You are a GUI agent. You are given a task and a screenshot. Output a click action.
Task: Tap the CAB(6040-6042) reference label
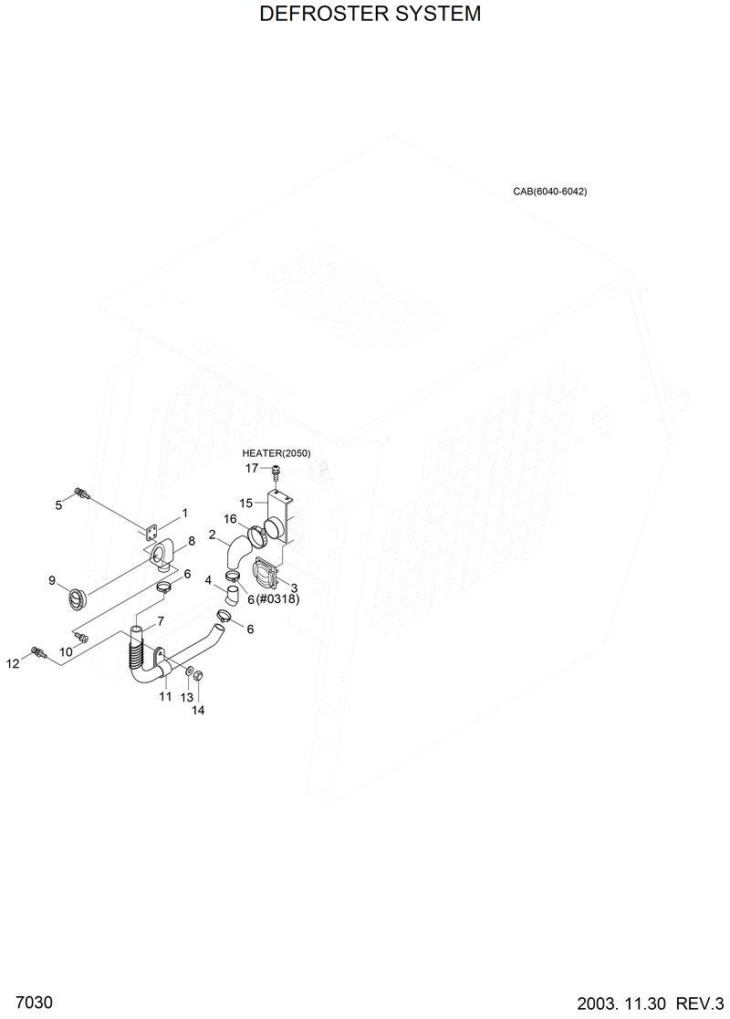[549, 192]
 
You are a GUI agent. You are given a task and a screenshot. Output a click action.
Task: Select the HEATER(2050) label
[276, 453]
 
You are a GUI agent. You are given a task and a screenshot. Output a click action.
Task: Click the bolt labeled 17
[275, 471]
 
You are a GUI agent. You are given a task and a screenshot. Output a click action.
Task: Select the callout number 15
[246, 503]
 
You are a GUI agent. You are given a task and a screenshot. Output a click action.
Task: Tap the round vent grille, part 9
[74, 598]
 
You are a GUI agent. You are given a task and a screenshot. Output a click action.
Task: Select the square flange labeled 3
[266, 576]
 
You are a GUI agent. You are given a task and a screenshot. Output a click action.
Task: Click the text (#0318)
[278, 599]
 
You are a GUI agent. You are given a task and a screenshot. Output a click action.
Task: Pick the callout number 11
[165, 696]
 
